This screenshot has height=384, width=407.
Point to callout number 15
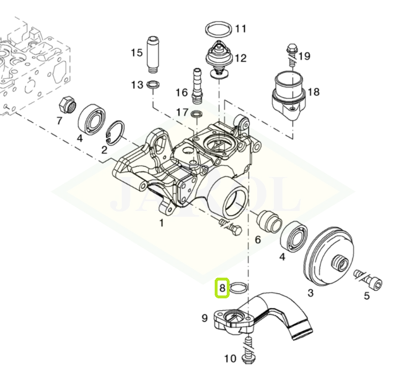click(x=137, y=53)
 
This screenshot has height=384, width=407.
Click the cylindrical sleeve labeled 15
click(x=153, y=55)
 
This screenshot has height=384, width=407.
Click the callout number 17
click(x=182, y=112)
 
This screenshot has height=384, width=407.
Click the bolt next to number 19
click(x=292, y=53)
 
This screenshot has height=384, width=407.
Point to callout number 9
click(x=204, y=317)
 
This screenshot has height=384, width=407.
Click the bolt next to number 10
click(x=249, y=351)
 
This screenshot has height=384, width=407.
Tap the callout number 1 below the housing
click(x=161, y=223)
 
